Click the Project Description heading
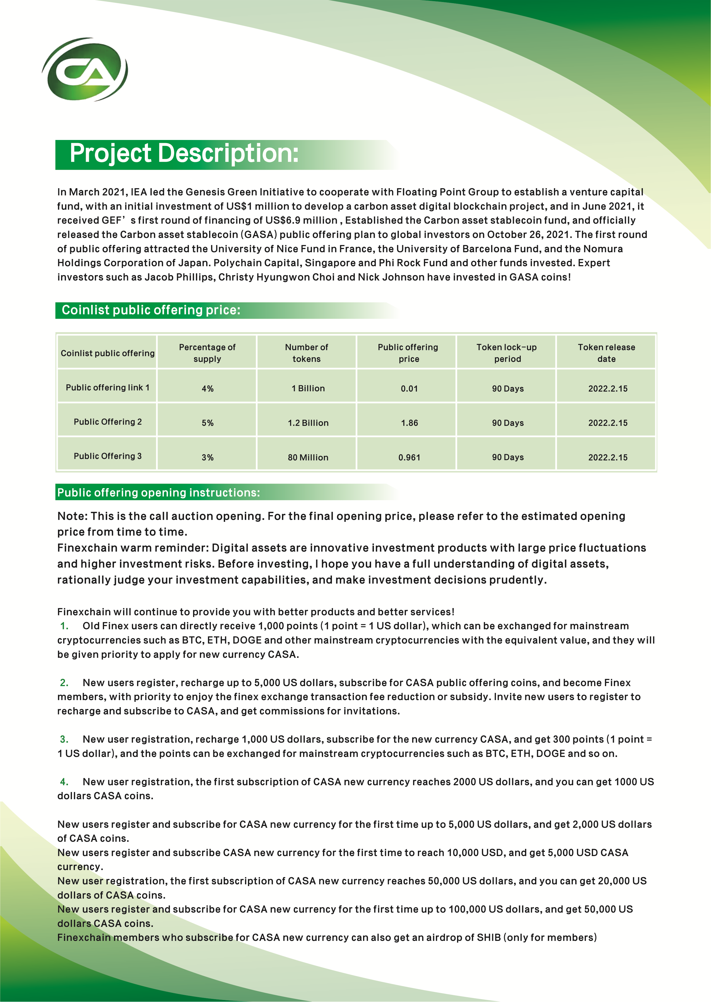(x=184, y=154)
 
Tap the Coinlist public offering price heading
(x=151, y=310)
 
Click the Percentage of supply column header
(x=207, y=353)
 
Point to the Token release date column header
(x=606, y=353)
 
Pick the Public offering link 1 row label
(x=108, y=387)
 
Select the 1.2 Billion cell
(x=308, y=423)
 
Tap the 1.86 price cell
(x=409, y=423)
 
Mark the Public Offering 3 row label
(x=108, y=456)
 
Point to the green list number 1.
(x=64, y=626)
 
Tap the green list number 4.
(x=64, y=782)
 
